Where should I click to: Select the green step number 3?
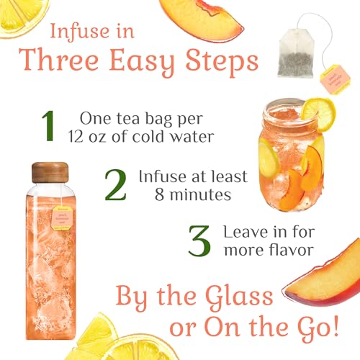[199, 242]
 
